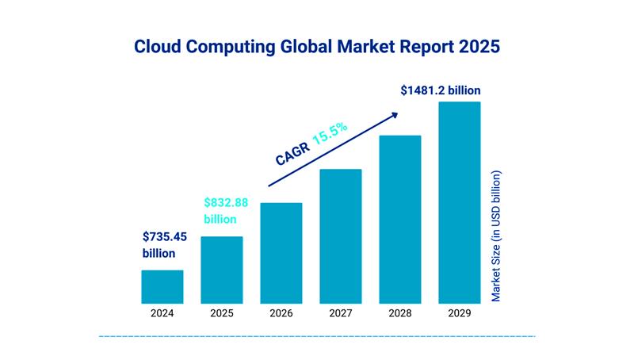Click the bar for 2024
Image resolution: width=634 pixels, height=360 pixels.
(162, 287)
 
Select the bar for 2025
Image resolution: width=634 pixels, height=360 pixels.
(222, 270)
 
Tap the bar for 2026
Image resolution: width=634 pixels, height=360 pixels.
(281, 253)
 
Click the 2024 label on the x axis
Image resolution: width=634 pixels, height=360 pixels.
(162, 313)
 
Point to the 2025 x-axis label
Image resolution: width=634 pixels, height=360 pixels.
(222, 313)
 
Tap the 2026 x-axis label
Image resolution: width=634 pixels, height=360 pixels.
(281, 313)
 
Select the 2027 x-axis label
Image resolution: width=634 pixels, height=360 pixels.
(341, 313)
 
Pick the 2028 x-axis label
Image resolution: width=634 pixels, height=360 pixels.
(400, 313)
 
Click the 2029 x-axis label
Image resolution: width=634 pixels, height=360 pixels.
(460, 313)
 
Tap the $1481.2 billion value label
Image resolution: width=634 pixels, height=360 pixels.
(441, 90)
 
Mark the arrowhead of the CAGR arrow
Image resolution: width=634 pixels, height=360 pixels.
(393, 115)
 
